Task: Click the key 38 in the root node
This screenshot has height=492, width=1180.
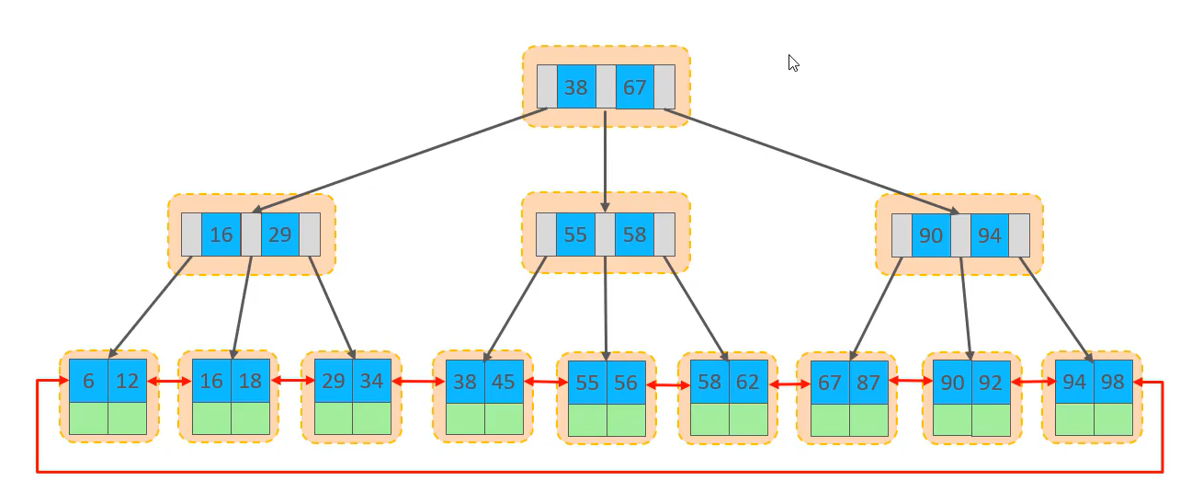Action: click(x=576, y=87)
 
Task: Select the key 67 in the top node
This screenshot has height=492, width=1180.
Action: click(x=635, y=87)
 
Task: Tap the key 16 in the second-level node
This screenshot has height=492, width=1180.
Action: click(x=221, y=235)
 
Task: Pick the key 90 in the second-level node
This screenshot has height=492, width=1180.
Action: click(x=931, y=235)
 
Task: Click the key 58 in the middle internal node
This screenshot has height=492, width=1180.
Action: click(x=634, y=235)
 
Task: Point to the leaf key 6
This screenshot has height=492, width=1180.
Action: click(x=88, y=381)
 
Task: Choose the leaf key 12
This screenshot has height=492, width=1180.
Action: click(x=127, y=381)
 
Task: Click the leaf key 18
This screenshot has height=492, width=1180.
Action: click(x=250, y=381)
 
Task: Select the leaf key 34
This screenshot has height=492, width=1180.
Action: click(x=371, y=381)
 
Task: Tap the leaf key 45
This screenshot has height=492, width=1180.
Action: click(x=504, y=381)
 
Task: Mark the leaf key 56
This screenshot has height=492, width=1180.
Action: click(x=626, y=383)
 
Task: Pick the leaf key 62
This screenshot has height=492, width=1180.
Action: click(x=748, y=382)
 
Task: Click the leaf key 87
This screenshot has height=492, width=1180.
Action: click(x=868, y=382)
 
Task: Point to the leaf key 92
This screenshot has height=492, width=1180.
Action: click(x=991, y=383)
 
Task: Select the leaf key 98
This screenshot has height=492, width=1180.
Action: click(x=1112, y=382)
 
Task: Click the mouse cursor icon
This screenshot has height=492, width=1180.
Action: click(x=793, y=63)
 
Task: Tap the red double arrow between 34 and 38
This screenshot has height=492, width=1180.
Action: click(x=417, y=380)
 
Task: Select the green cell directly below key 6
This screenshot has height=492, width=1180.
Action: click(x=88, y=418)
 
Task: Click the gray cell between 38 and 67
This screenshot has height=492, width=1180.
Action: click(x=606, y=87)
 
